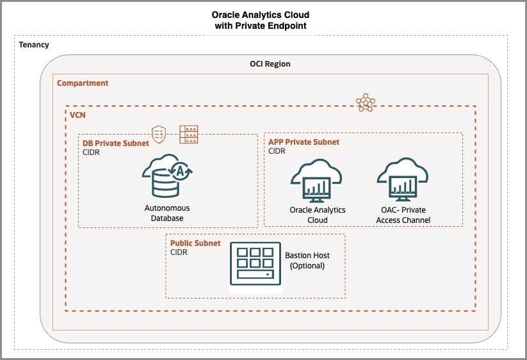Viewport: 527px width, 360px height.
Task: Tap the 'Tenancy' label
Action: click(x=34, y=45)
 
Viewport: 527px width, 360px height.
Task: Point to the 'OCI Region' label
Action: click(x=270, y=64)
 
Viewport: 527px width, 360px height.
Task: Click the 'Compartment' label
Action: click(x=83, y=83)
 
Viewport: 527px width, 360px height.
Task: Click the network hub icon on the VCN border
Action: click(x=366, y=102)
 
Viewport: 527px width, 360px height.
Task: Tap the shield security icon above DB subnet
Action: click(x=159, y=133)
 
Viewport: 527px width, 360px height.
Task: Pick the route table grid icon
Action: click(x=189, y=132)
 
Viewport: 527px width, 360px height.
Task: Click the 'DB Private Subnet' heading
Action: click(x=116, y=143)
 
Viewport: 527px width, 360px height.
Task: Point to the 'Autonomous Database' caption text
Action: click(x=167, y=213)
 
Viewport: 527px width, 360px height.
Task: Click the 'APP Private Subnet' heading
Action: click(x=304, y=142)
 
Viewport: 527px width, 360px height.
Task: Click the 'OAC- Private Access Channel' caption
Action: click(x=403, y=215)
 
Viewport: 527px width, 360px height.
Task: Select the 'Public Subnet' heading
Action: click(x=195, y=243)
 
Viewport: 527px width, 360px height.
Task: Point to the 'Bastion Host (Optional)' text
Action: click(x=307, y=261)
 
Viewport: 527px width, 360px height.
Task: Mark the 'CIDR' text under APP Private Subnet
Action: click(x=277, y=152)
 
